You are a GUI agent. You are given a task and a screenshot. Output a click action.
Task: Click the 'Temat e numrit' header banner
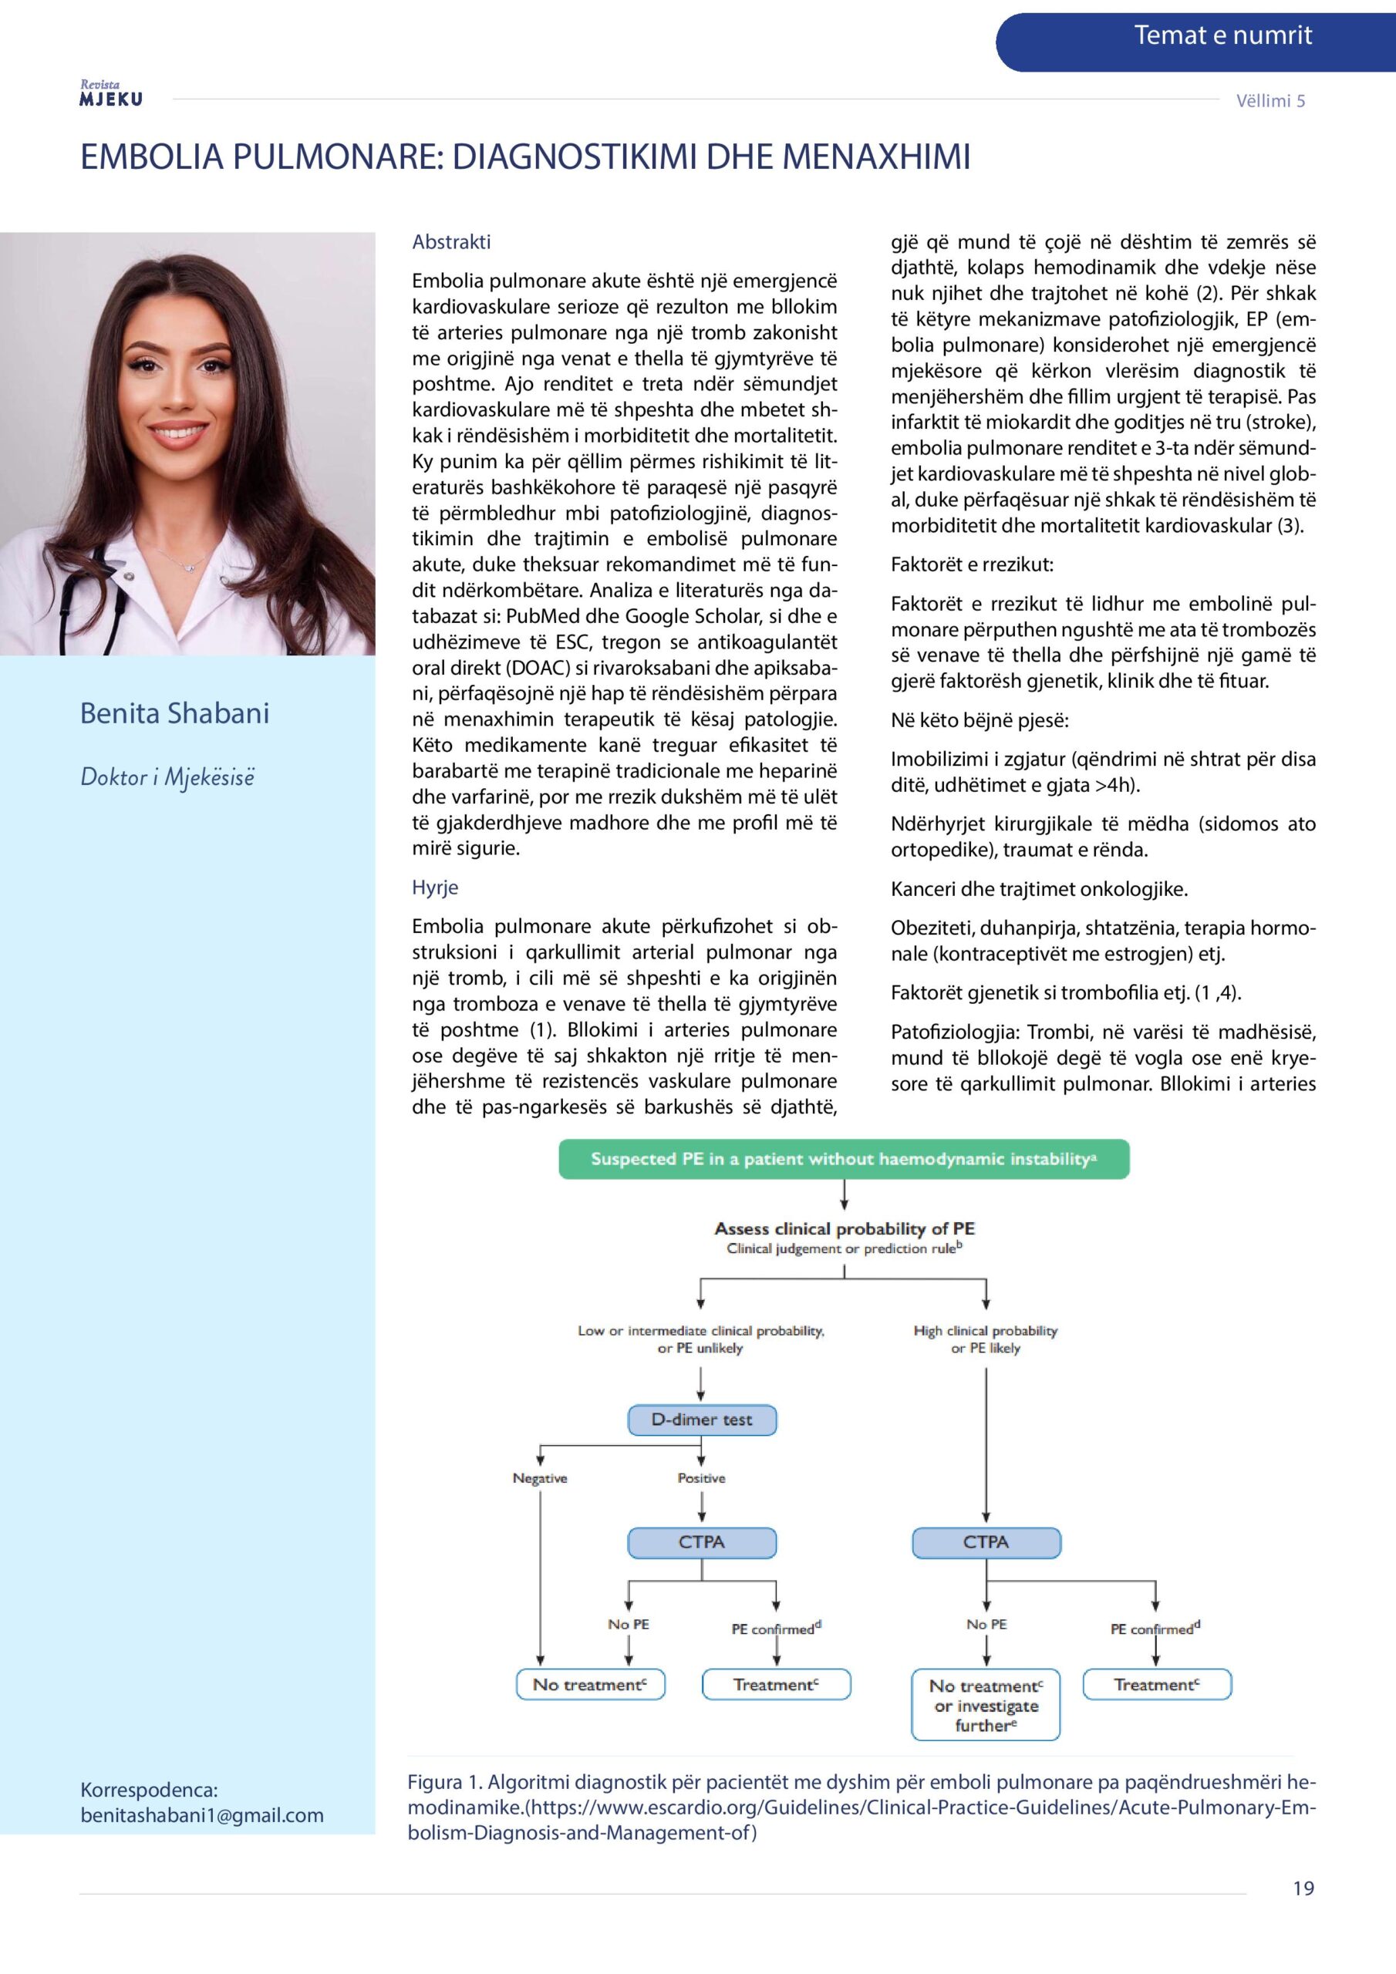click(x=1222, y=36)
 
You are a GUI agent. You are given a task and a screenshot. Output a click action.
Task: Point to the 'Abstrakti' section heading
click(x=450, y=242)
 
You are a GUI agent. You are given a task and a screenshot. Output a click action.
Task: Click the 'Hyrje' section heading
click(x=434, y=888)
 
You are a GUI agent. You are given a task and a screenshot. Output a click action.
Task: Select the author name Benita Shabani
click(x=174, y=712)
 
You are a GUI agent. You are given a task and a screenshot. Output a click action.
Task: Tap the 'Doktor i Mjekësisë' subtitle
click(x=167, y=776)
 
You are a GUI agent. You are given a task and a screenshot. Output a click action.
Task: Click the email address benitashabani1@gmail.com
click(x=202, y=1815)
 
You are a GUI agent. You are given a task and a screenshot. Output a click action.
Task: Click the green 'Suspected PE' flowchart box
click(x=843, y=1159)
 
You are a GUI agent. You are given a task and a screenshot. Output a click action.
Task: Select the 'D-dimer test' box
click(x=701, y=1420)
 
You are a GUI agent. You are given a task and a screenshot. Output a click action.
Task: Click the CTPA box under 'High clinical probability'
click(x=986, y=1542)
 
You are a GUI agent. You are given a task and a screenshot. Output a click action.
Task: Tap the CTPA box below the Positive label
click(x=701, y=1542)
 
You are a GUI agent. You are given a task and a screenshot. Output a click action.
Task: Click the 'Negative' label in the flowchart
click(x=539, y=1478)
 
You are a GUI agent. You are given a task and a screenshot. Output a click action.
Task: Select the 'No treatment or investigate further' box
click(x=986, y=1705)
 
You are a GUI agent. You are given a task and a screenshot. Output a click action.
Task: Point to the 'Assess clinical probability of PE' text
click(x=844, y=1228)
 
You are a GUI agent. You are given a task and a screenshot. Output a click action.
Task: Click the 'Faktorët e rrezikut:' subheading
click(x=971, y=565)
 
